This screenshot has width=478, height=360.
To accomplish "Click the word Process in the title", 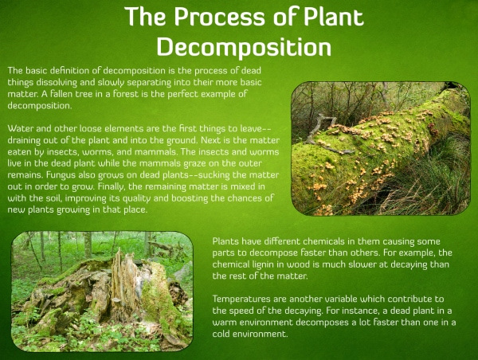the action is pyautogui.click(x=220, y=17).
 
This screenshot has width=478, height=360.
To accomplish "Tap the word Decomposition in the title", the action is pyautogui.click(x=244, y=47).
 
